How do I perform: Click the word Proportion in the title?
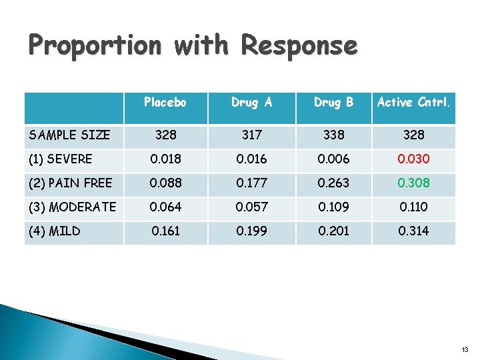click(x=95, y=46)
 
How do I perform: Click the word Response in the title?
click(x=299, y=46)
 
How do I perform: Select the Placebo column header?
click(x=165, y=102)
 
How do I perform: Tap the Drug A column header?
click(x=251, y=102)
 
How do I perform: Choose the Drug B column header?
click(x=333, y=102)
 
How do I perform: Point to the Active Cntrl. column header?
click(x=413, y=102)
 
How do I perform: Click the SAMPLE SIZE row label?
click(x=69, y=135)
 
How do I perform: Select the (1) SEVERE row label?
click(x=61, y=159)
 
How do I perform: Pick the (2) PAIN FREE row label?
click(x=70, y=183)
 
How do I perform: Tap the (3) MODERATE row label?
click(x=72, y=207)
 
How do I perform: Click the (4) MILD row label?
click(x=55, y=231)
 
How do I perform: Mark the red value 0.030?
click(x=414, y=159)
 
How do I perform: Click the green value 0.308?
click(x=414, y=183)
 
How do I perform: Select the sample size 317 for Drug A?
click(x=251, y=135)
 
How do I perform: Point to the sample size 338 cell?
click(x=333, y=135)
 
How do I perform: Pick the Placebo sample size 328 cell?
click(x=165, y=135)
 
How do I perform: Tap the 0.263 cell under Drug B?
click(x=333, y=183)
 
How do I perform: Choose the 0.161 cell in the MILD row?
click(x=165, y=231)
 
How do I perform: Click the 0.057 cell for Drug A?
click(x=251, y=207)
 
